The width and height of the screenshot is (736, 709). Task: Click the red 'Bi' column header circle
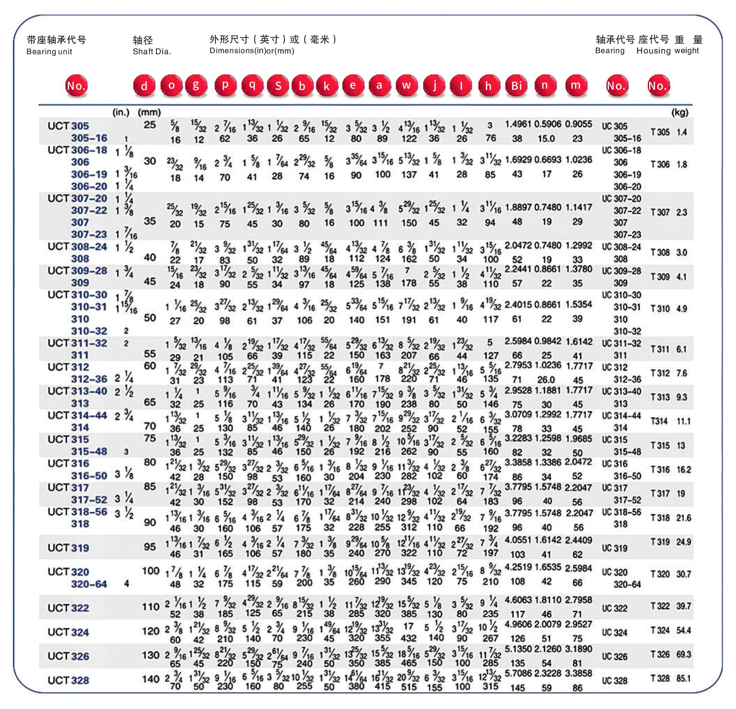click(517, 86)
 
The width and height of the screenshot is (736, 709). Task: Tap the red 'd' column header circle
click(144, 86)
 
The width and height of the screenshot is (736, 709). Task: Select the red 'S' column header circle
click(278, 86)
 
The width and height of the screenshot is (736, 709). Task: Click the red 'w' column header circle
click(407, 86)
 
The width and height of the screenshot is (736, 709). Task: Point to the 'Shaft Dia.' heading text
click(152, 51)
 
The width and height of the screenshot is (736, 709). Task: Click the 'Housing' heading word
click(653, 51)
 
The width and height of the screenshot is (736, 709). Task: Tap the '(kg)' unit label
click(680, 112)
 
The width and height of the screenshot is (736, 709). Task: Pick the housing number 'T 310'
click(660, 309)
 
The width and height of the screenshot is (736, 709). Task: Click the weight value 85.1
click(684, 678)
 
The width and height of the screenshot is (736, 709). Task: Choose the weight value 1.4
click(682, 132)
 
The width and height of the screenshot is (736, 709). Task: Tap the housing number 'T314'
click(659, 421)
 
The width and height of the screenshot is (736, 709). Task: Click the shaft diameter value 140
click(151, 679)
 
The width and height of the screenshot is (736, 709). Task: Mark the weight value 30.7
click(684, 574)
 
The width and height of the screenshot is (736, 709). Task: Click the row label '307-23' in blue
click(89, 234)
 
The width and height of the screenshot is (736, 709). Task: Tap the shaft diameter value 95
click(150, 547)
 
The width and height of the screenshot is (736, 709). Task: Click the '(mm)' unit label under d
click(149, 112)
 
